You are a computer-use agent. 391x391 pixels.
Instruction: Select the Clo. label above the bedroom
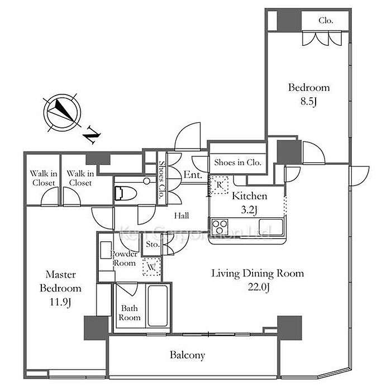pos(326,21)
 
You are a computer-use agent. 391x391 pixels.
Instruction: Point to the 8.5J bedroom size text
pos(308,102)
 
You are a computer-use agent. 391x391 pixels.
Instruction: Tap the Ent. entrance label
pos(193,175)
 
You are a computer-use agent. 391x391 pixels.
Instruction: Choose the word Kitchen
pos(250,196)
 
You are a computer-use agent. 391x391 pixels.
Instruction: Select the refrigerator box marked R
pos(219,184)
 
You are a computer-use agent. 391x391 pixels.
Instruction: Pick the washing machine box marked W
pos(151,267)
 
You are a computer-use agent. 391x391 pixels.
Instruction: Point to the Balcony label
pos(188,355)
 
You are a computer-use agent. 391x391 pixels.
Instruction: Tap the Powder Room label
pos(124,258)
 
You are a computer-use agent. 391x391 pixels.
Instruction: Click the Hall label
pos(180,215)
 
